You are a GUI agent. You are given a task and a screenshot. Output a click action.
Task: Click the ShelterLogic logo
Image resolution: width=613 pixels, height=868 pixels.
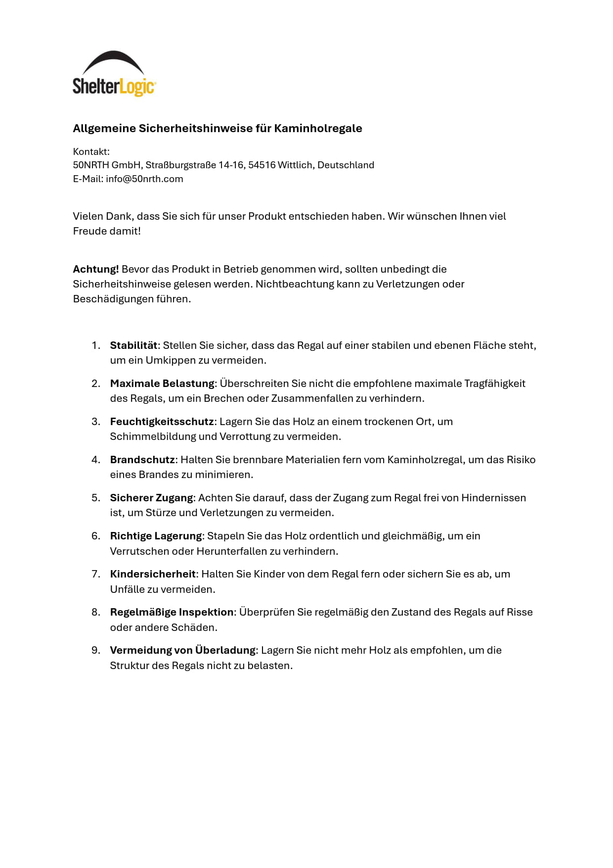[114, 74]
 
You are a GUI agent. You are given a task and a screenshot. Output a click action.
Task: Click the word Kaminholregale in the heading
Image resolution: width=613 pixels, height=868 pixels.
[318, 129]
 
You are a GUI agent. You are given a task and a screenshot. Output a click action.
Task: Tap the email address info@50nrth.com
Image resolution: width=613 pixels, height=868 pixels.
[144, 179]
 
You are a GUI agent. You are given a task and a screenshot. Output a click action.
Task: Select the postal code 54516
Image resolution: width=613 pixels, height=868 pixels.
[262, 165]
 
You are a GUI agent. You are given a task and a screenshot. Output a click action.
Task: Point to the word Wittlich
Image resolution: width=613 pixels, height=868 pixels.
[295, 165]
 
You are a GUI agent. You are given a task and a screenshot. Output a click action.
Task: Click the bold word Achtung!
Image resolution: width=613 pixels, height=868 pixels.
[96, 269]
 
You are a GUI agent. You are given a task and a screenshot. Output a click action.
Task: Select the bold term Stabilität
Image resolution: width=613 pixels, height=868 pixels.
[133, 345]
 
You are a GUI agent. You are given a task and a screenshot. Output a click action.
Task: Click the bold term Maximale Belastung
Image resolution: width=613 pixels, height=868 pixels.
[162, 384]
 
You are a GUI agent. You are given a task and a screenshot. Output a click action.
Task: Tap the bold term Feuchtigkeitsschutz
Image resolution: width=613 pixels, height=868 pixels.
[162, 422]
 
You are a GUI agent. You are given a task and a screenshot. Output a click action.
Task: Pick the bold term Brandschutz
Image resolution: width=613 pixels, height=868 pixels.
[142, 460]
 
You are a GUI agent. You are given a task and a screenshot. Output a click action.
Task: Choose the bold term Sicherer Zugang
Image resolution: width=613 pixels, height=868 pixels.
[151, 498]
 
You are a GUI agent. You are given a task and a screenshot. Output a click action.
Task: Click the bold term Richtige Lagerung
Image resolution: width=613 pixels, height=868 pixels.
[156, 536]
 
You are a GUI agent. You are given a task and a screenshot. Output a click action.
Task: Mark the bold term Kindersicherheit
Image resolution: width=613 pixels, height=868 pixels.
[153, 574]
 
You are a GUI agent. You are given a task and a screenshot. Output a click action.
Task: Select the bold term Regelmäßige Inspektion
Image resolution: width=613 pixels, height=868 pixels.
[172, 612]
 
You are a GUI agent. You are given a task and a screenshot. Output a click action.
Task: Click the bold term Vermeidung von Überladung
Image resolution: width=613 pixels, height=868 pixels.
[182, 650]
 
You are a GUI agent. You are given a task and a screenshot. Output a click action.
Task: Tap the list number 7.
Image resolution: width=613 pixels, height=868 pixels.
[96, 574]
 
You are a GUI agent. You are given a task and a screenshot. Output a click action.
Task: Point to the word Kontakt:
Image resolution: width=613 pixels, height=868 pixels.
[91, 152]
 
